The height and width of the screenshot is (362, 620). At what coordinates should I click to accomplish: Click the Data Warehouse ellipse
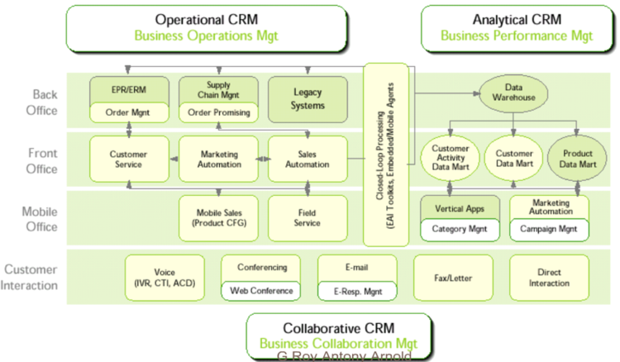tap(516, 92)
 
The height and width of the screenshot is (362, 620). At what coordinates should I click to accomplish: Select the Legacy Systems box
tap(308, 100)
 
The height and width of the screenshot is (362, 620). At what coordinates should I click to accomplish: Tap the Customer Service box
tap(129, 159)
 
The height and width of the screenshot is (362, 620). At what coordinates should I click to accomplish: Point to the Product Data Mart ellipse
tap(578, 159)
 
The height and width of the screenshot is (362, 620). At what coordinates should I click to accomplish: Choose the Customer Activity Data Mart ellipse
tap(451, 159)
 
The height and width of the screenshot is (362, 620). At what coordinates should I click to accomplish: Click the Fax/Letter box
tap(453, 278)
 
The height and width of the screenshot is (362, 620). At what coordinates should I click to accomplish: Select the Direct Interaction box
tap(549, 278)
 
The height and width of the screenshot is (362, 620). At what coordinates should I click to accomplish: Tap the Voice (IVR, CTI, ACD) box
tap(164, 278)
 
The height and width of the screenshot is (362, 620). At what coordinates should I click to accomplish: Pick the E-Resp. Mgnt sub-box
tap(357, 291)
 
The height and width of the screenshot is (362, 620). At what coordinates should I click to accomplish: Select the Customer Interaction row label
tap(31, 278)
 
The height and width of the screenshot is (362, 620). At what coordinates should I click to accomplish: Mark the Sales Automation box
tap(308, 159)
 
